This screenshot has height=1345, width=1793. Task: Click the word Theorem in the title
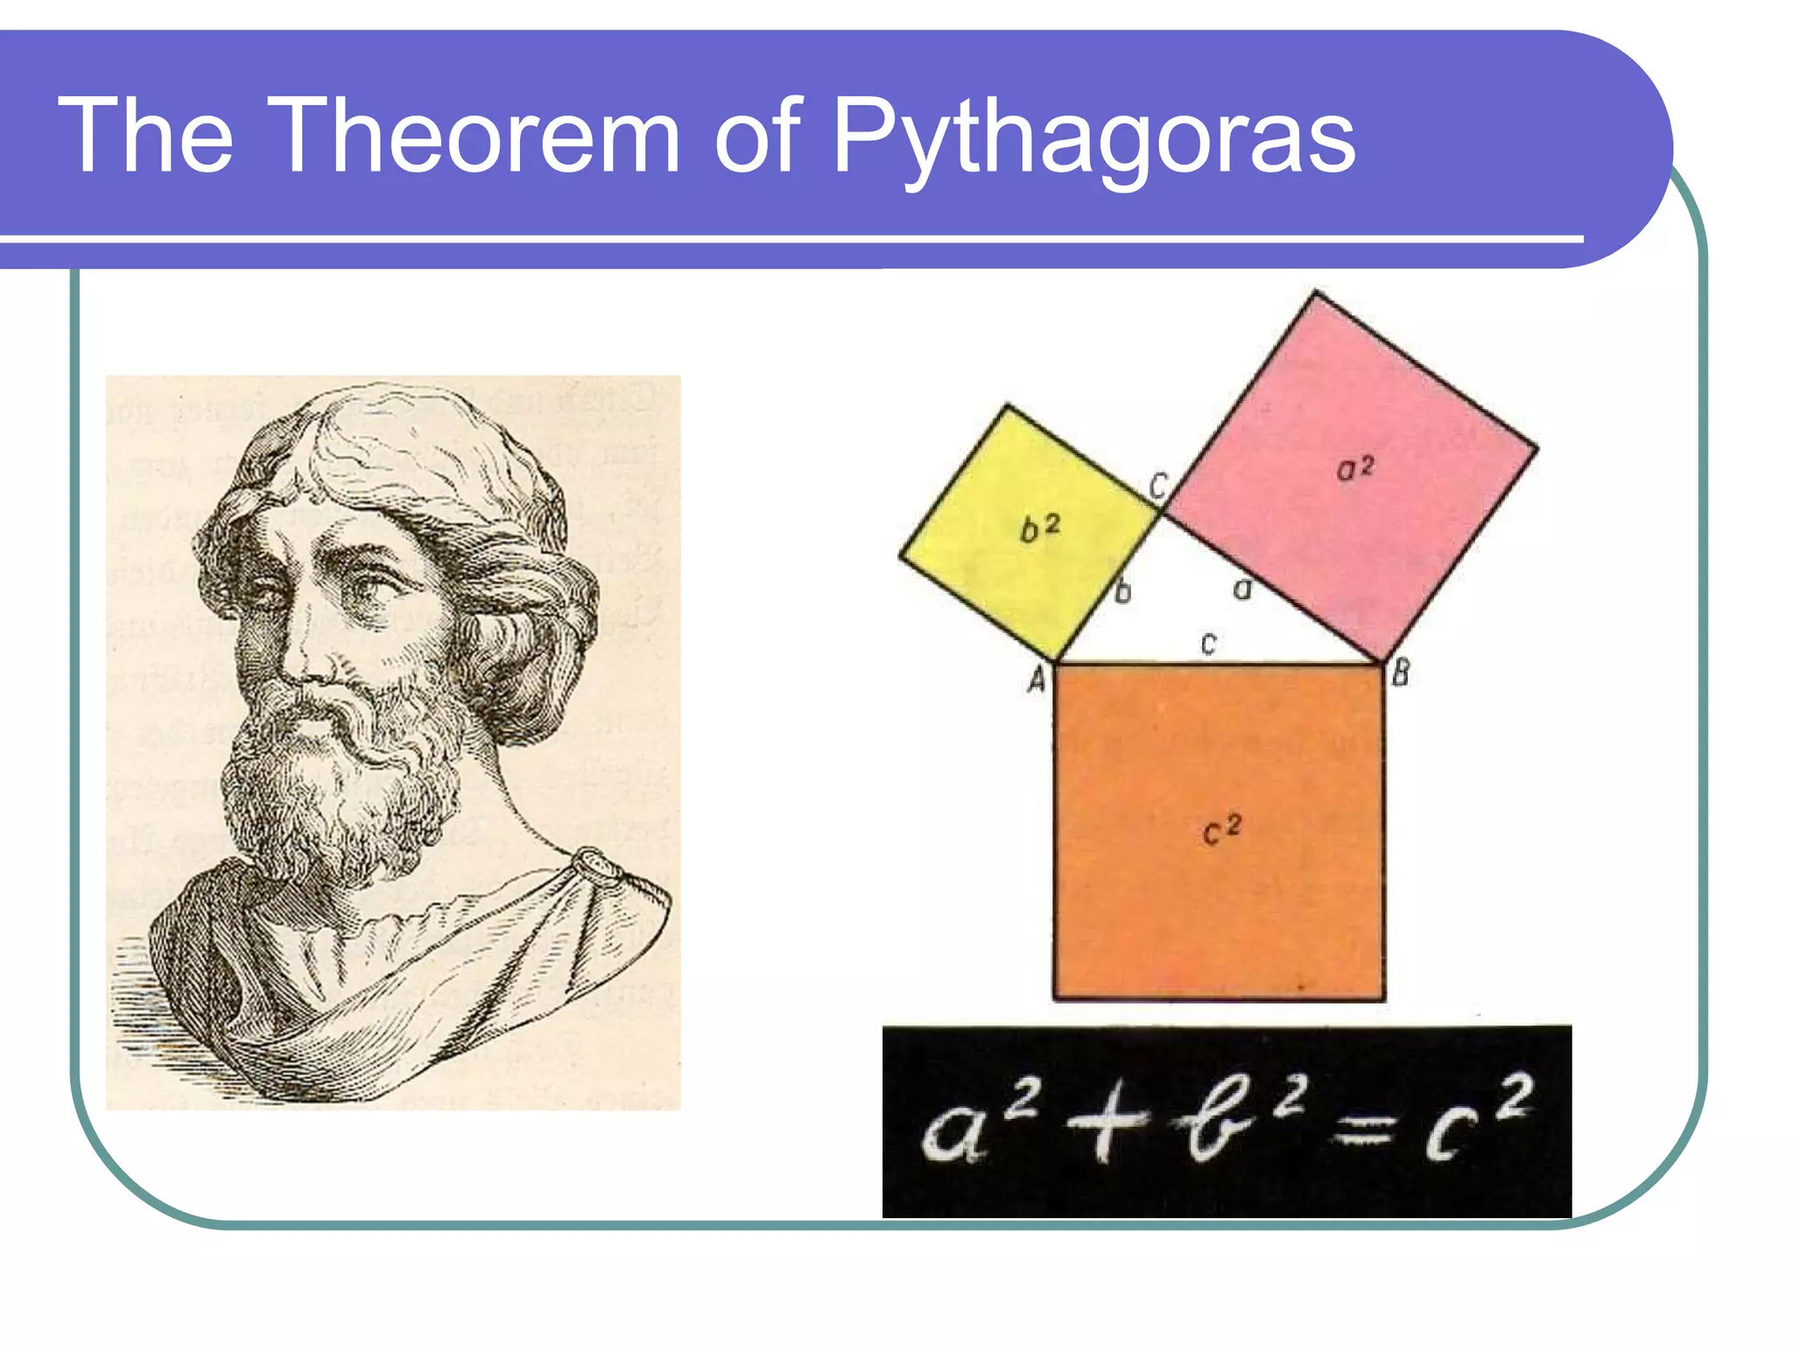pos(477,136)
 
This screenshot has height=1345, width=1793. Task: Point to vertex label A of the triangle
pos(1037,680)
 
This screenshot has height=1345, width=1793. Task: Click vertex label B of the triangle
pos(1401,672)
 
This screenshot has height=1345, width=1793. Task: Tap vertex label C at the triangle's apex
pos(1157,484)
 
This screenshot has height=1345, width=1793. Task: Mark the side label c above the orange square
pos(1209,644)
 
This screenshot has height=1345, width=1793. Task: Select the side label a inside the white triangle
pos(1242,589)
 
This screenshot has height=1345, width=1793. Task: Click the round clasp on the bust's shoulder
pos(598,867)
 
